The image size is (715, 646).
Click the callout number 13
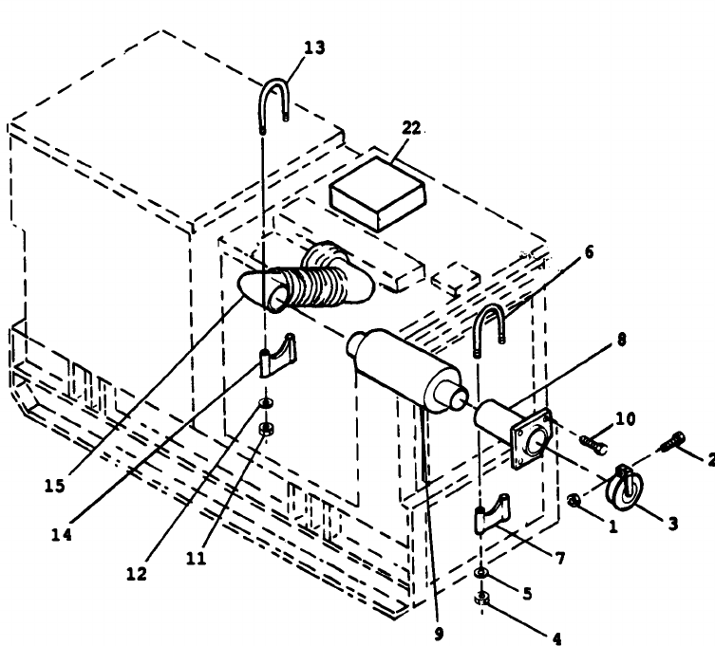tap(314, 48)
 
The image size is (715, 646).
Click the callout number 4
tap(556, 637)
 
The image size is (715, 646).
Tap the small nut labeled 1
tap(574, 500)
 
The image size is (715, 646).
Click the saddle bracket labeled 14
tap(278, 355)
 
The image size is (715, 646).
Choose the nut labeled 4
tap(483, 598)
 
